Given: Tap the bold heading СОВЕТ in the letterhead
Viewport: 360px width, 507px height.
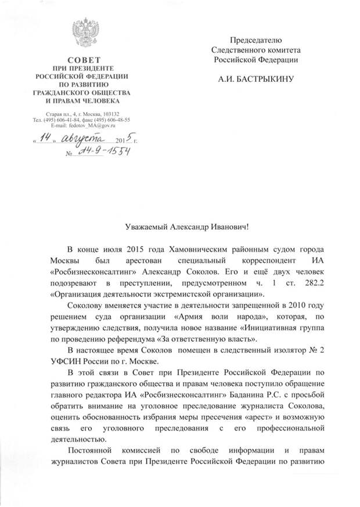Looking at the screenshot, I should point(82,60).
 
